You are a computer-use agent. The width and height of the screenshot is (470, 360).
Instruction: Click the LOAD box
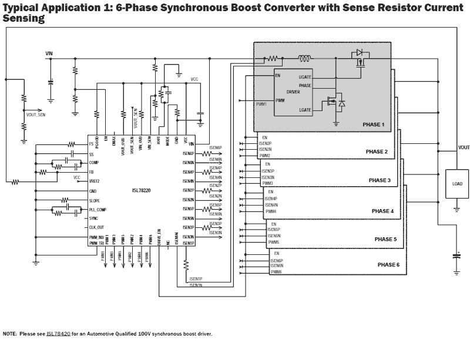click(x=457, y=183)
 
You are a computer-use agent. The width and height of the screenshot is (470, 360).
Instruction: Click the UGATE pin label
click(x=305, y=76)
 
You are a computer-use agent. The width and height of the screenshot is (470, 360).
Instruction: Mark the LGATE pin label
click(x=305, y=110)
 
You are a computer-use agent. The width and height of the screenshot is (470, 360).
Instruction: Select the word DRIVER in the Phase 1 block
click(x=293, y=92)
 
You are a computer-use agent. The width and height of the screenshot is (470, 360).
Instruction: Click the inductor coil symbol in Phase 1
click(x=305, y=58)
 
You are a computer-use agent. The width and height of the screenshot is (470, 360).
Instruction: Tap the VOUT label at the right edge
click(x=464, y=147)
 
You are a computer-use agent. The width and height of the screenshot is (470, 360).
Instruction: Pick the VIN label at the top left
click(x=50, y=53)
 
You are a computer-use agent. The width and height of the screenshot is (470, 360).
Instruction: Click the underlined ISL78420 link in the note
click(x=58, y=334)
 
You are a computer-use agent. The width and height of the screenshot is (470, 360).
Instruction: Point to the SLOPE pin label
click(x=95, y=200)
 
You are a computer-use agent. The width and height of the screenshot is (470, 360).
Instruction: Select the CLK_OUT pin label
click(x=96, y=227)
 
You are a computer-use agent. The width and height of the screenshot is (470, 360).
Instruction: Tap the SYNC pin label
click(x=93, y=218)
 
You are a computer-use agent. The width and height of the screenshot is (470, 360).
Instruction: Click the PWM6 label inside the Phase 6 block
click(x=276, y=272)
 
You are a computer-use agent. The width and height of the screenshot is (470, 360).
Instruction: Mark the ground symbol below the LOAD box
click(x=457, y=207)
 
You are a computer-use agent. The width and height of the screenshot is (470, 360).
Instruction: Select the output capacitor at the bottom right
click(x=457, y=256)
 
